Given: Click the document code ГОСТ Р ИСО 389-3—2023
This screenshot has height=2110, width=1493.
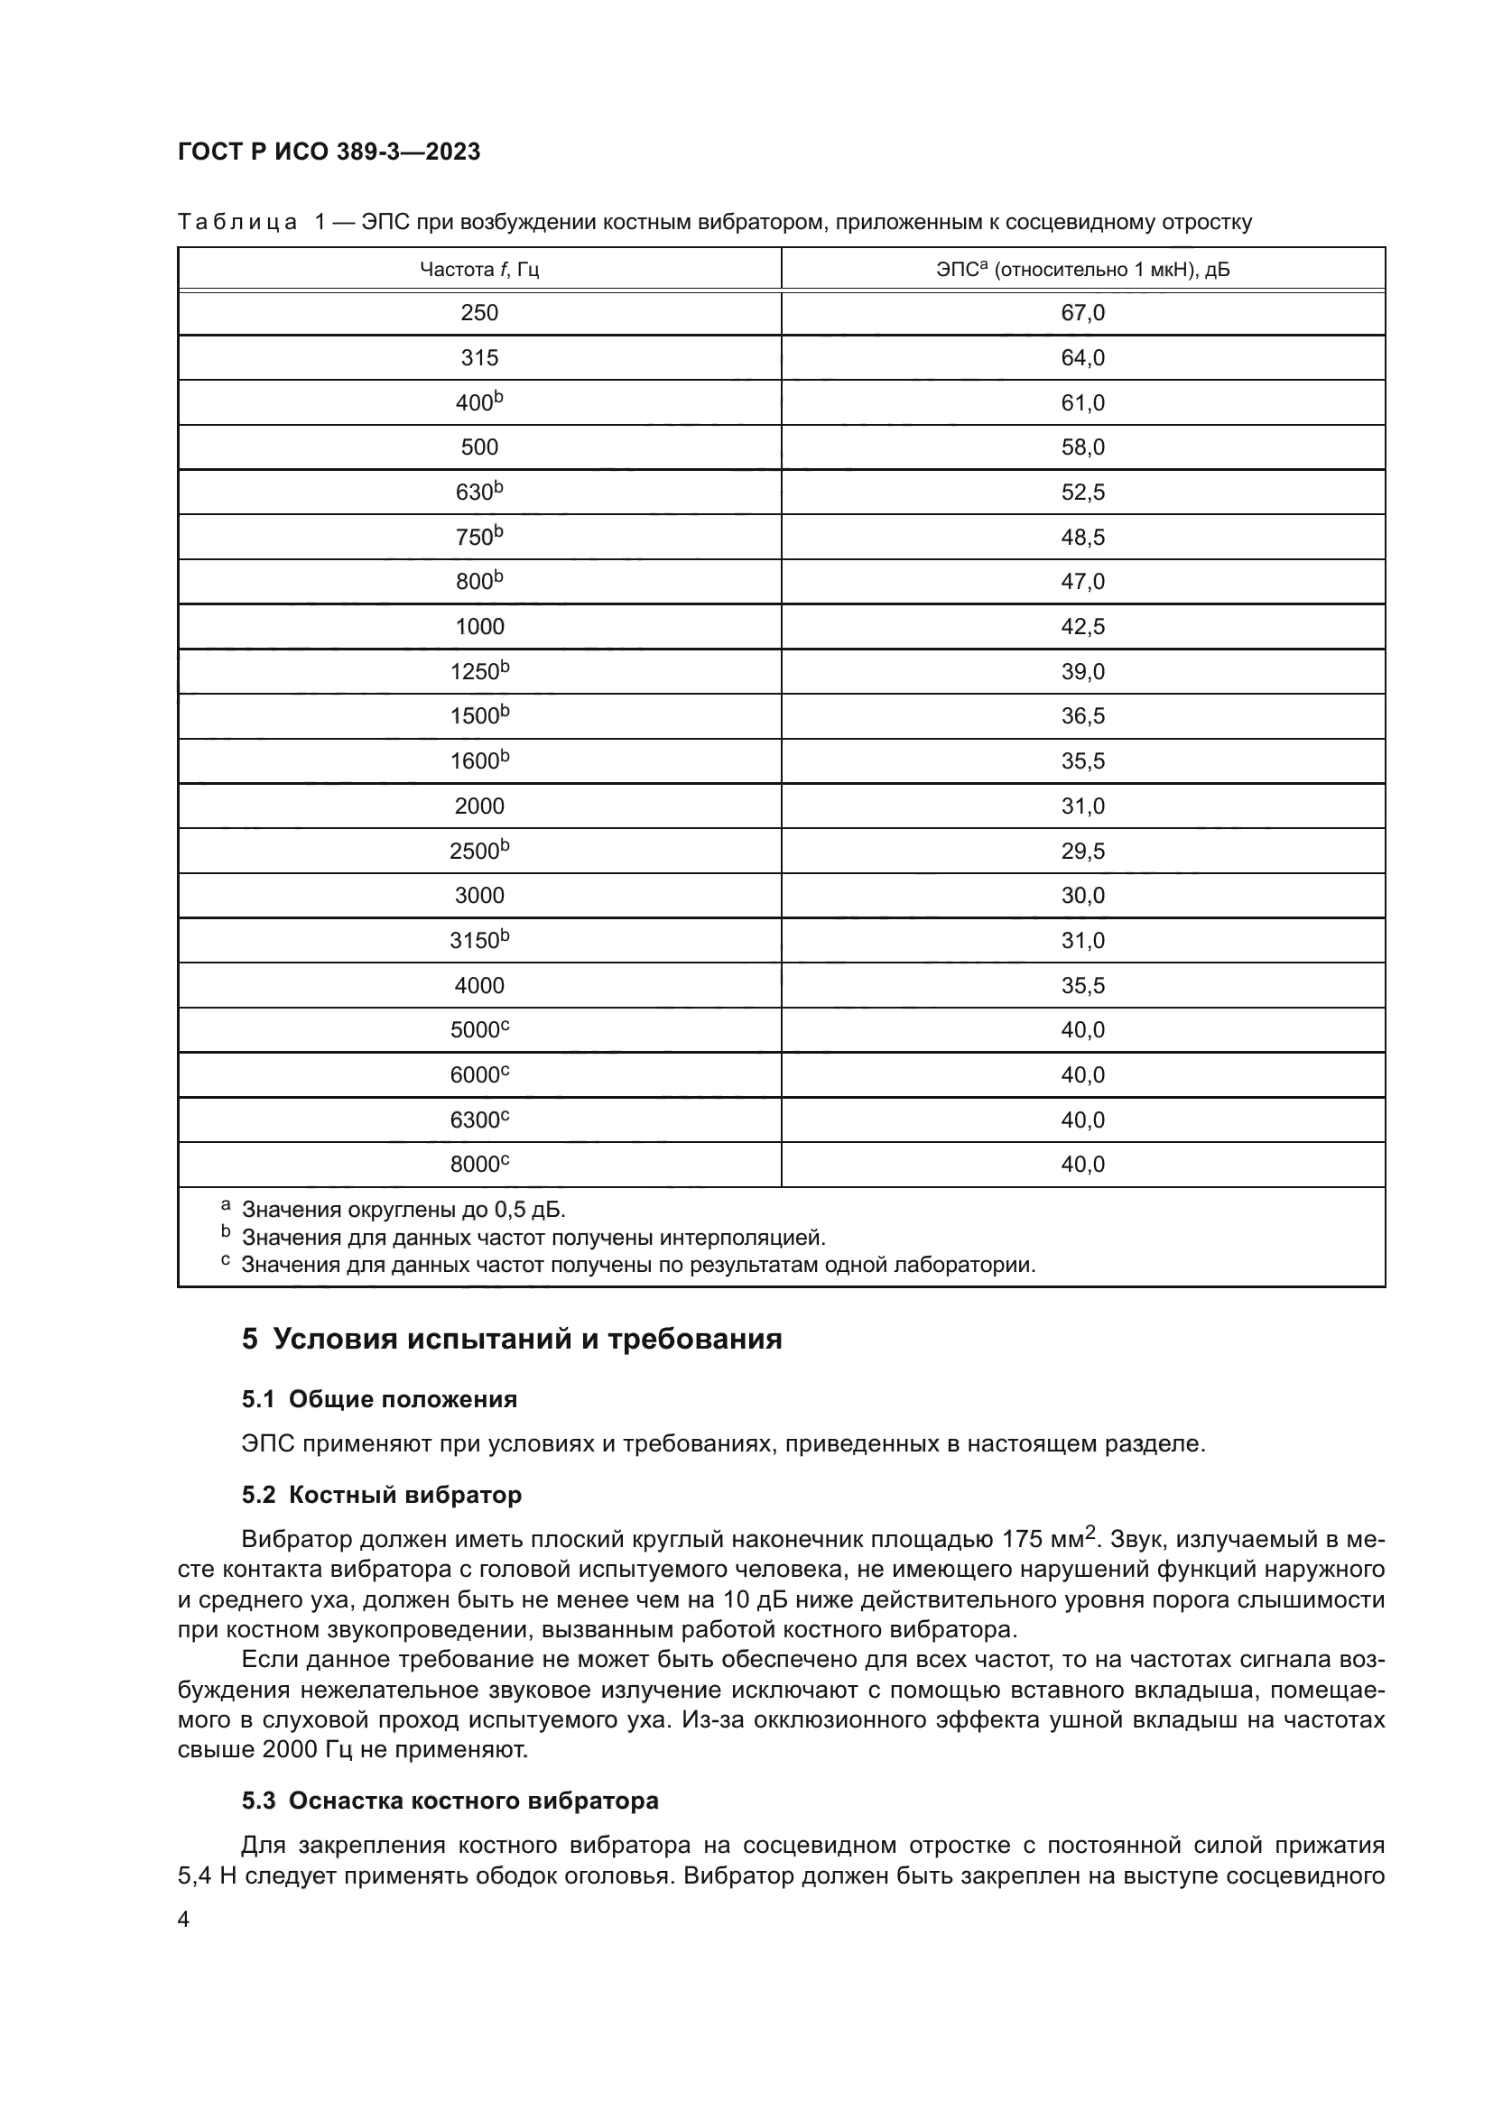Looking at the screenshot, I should pos(329,152).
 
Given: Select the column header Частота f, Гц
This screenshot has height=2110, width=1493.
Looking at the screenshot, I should pos(479,269).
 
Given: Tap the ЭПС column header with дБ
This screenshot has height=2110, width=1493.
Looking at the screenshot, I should pos(1082,269).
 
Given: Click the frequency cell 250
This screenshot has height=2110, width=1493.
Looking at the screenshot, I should pos(479,312).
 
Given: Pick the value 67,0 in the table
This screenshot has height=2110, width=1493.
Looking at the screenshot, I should pos(1082,312).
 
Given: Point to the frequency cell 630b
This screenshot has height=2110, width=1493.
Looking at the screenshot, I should pos(479,492).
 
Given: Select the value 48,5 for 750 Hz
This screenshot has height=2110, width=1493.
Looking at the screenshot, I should pos(1082,537).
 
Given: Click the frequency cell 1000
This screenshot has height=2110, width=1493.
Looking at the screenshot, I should pos(479,627).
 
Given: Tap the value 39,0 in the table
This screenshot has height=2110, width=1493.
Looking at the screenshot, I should pos(1082,672).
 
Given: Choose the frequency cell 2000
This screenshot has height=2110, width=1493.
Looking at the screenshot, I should pos(479,806).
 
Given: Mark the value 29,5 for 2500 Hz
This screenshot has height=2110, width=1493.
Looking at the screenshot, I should pos(1082,851).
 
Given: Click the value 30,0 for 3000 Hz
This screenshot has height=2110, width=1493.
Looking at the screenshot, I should pos(1082,895).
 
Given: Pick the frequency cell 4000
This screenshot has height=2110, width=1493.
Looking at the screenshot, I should pos(479,985).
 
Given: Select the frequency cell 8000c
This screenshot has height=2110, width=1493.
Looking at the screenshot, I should pos(479,1165).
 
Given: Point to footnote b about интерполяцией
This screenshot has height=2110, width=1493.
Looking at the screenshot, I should pos(533,1237).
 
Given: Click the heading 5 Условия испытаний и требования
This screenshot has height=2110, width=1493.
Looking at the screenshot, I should pos(512,1339).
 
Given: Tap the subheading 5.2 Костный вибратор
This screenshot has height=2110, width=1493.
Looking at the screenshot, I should pos(382,1494).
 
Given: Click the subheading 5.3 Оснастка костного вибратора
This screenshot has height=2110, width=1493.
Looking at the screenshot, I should pos(450,1801).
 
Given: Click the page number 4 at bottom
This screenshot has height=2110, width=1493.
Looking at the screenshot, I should pos(183,1920).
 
